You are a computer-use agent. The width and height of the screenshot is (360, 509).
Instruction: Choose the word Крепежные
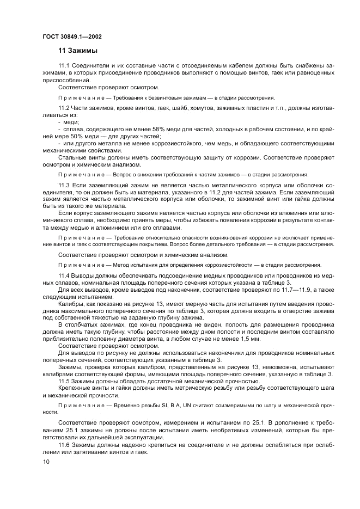click(x=74, y=388)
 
